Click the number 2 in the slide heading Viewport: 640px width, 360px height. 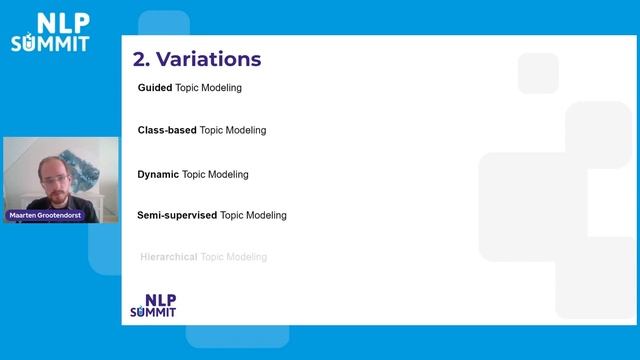pos(140,59)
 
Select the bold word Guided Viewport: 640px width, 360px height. pos(155,88)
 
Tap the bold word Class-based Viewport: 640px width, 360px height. pos(167,130)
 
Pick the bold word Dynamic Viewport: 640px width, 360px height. pos(158,174)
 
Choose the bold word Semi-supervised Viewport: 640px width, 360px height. pos(177,215)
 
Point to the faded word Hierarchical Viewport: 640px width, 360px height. pos(169,257)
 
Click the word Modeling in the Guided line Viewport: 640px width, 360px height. pos(222,88)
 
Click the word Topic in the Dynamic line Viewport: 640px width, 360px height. pos(194,174)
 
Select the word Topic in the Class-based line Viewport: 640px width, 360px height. pos(212,130)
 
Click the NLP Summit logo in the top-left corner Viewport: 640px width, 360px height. pos(49,32)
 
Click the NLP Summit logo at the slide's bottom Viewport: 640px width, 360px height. pos(153,305)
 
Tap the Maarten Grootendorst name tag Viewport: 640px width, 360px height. pos(46,215)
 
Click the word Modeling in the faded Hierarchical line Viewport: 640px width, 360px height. pos(247,257)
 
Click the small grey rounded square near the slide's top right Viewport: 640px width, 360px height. pos(538,72)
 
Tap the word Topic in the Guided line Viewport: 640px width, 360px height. pos(188,88)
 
